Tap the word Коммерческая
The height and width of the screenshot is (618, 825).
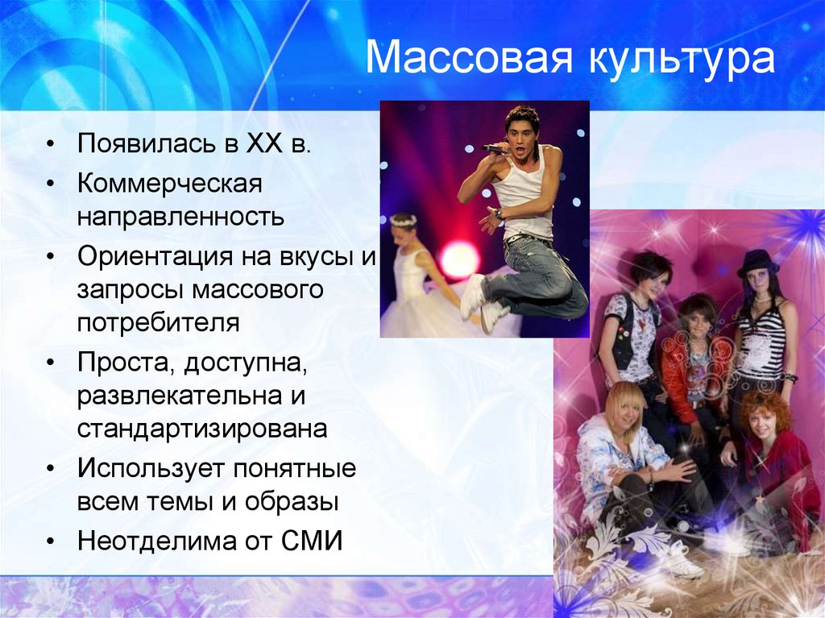click(170, 183)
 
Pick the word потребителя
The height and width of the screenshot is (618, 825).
click(159, 323)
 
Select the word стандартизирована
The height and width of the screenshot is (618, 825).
click(202, 428)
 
